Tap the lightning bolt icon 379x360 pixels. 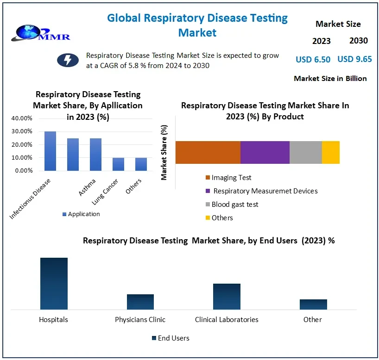[68, 60]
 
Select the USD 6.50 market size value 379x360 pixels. [313, 59]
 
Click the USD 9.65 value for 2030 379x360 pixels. [354, 59]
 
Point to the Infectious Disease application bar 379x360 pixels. [50, 151]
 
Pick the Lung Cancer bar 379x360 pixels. [118, 164]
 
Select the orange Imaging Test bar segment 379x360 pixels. [208, 152]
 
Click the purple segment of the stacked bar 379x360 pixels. [265, 152]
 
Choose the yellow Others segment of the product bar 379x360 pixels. [330, 152]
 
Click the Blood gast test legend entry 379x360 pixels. [234, 204]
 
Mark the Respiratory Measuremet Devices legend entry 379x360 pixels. [265, 191]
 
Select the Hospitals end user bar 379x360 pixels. [54, 283]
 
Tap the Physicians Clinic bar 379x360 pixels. [140, 302]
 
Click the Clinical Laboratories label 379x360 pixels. [227, 319]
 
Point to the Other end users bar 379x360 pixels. [313, 304]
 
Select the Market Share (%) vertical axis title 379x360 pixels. [164, 152]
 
